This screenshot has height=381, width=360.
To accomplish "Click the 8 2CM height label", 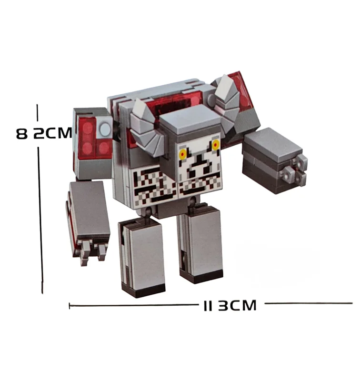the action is tap(44, 133).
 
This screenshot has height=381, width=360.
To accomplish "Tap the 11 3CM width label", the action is tap(230, 305).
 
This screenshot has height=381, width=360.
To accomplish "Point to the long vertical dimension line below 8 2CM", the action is tap(40, 220).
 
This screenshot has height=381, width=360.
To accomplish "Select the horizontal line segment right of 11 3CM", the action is tap(309, 303).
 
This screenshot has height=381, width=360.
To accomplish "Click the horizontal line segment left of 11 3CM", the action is tap(134, 305).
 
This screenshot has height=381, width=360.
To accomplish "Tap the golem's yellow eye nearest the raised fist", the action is tap(215, 145).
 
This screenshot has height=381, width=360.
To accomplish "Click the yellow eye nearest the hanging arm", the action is tap(183, 154).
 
